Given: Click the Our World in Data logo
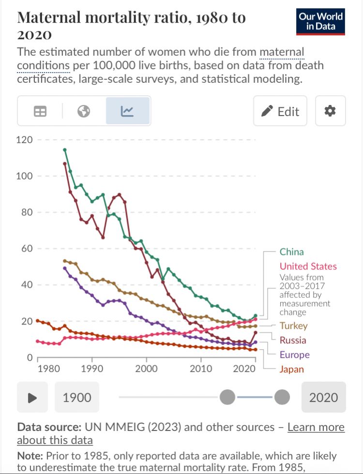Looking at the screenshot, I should [320, 21].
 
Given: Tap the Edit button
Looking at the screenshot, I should [280, 111].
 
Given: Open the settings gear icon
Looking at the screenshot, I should [330, 111].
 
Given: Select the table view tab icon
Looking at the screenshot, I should [40, 111].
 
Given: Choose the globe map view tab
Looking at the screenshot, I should [84, 111].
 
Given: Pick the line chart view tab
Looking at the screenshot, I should [128, 111].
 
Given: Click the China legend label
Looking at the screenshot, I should [292, 252].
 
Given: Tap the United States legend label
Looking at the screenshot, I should [308, 266].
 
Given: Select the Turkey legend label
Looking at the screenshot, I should [293, 326].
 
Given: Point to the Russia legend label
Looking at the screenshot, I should [293, 340].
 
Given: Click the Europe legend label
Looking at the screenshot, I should [294, 355].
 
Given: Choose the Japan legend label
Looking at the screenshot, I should [292, 369].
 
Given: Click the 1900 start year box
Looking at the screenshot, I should [77, 398].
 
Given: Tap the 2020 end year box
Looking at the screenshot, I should [323, 398].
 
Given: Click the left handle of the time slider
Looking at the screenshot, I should [227, 398].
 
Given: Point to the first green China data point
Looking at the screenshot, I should [65, 150].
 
